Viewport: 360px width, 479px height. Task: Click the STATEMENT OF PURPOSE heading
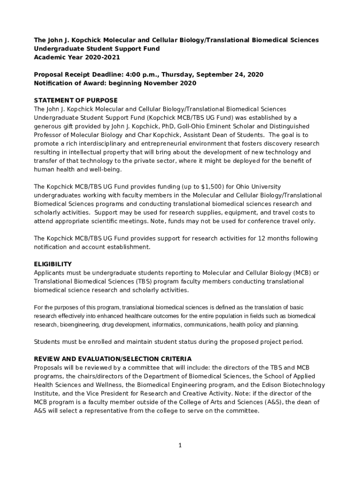76,101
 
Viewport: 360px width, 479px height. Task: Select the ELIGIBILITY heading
53,264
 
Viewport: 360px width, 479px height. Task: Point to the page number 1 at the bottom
180,445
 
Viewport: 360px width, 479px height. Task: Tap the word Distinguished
287,126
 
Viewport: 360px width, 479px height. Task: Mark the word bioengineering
79,325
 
